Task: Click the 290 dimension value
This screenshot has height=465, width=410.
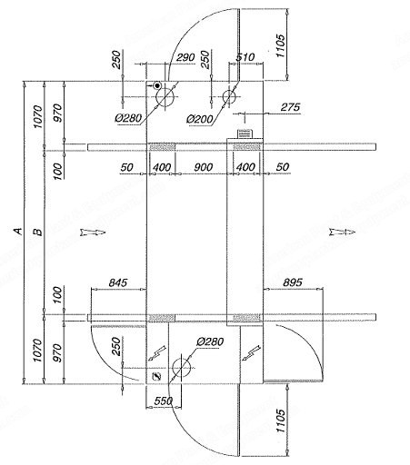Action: click(x=185, y=57)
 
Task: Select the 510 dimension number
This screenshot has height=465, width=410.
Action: click(x=245, y=57)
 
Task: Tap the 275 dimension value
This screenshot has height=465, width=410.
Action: click(x=290, y=107)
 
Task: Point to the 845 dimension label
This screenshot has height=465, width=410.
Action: click(x=118, y=282)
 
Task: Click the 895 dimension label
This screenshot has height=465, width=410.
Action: click(x=293, y=282)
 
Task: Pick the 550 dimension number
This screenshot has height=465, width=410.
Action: click(x=164, y=401)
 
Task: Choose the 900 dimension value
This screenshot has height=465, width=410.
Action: click(x=203, y=167)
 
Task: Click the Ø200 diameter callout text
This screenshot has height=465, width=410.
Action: click(x=200, y=119)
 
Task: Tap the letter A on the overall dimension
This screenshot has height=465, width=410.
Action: click(x=19, y=232)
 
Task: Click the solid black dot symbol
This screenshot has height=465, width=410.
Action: click(x=157, y=85)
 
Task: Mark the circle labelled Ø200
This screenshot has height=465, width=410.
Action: click(x=229, y=96)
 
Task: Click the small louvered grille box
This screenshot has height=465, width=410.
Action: click(x=244, y=134)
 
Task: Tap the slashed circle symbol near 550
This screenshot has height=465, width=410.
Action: click(x=156, y=376)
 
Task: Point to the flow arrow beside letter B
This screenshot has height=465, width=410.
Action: click(x=93, y=232)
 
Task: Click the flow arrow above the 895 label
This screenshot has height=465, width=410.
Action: click(x=342, y=232)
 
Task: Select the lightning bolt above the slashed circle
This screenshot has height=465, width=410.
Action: click(x=157, y=353)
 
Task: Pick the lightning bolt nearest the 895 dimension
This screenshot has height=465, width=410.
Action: click(x=251, y=353)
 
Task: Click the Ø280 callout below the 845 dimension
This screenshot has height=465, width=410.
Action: click(x=210, y=341)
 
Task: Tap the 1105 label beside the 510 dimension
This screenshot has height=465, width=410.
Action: click(x=280, y=45)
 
